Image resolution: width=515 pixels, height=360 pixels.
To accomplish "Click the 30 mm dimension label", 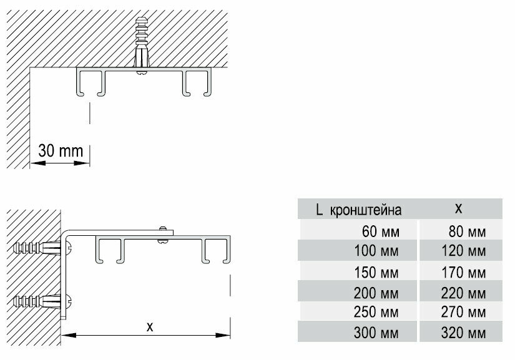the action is click(61, 151).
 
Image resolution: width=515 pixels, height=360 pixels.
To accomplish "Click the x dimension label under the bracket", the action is click(149, 325).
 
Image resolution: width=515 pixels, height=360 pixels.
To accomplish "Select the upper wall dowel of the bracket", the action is click(37, 248).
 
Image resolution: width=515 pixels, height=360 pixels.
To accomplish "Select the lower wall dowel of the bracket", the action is click(37, 301).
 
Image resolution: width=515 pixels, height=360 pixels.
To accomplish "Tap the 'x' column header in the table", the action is click(459, 207).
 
